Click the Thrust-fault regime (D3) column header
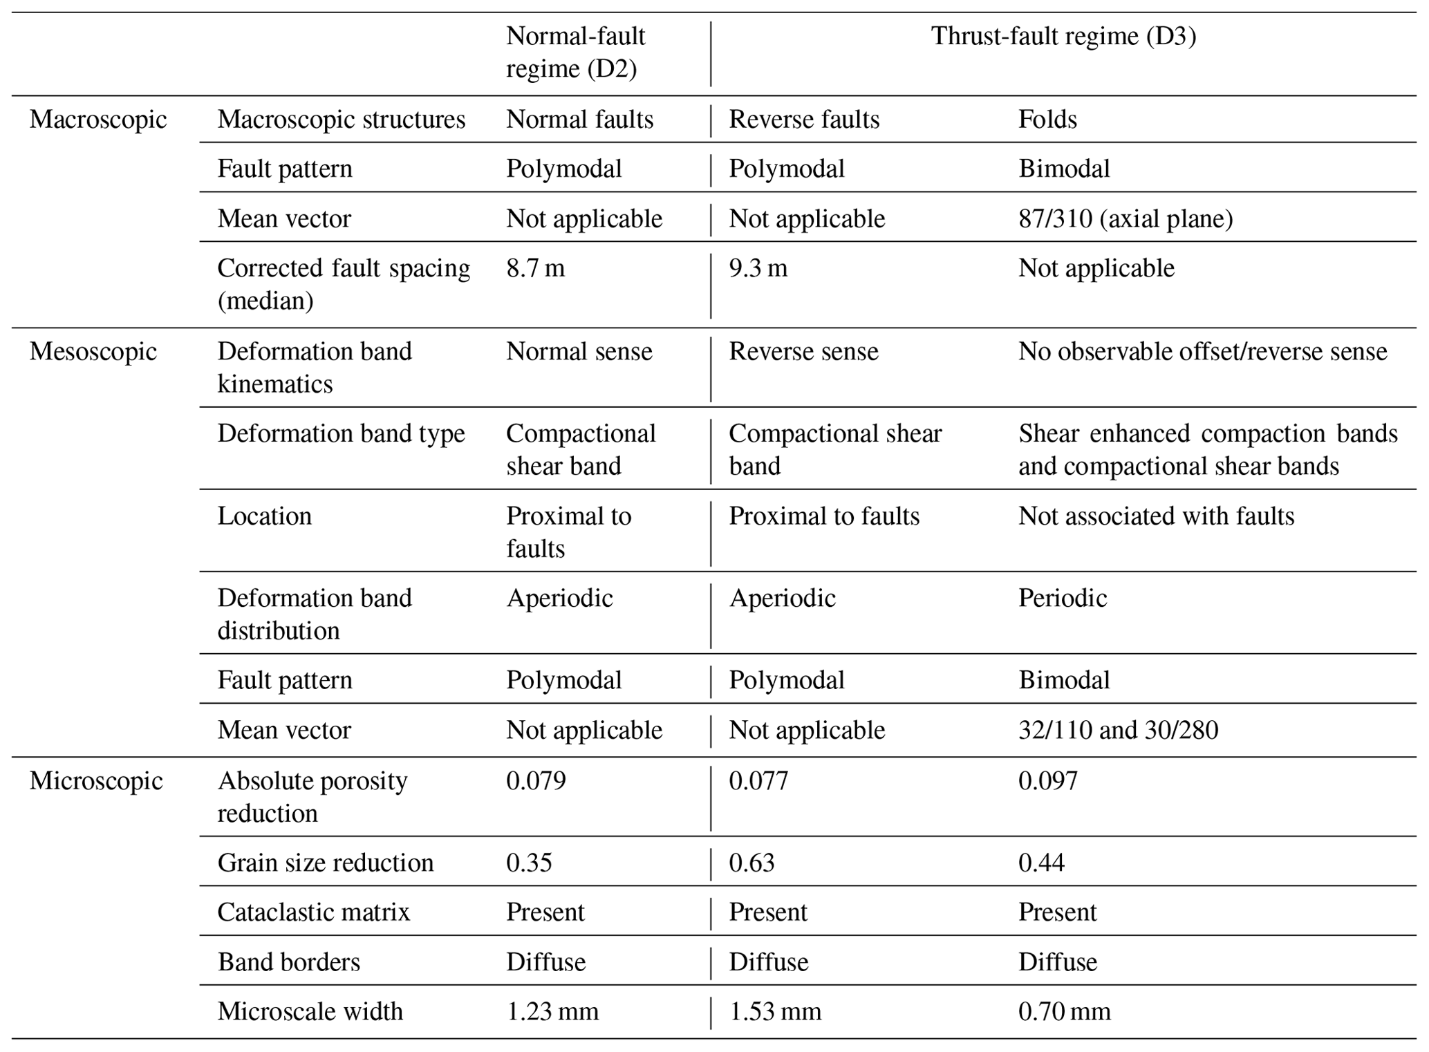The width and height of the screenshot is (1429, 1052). (x=1063, y=36)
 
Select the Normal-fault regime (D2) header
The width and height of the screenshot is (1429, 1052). (x=575, y=53)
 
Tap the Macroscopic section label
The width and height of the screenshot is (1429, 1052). (x=98, y=120)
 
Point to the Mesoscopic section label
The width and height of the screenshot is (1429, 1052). (x=93, y=352)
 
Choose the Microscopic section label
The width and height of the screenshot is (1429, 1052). (x=96, y=781)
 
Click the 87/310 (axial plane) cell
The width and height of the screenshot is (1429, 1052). (x=1125, y=219)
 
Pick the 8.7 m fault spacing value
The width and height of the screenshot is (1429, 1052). (x=535, y=268)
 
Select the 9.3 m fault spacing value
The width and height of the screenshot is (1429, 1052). (x=758, y=268)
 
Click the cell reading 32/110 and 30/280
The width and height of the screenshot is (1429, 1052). (x=1118, y=731)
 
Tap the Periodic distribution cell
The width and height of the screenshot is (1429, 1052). (x=1062, y=599)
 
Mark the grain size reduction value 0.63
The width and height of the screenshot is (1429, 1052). (x=751, y=863)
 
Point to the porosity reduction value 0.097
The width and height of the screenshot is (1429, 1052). (x=1047, y=781)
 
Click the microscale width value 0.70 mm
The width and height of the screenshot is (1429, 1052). (x=1064, y=1012)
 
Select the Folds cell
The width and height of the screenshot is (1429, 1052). (x=1047, y=120)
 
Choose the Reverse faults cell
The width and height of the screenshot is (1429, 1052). (x=804, y=120)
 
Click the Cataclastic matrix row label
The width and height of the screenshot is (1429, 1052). (x=313, y=912)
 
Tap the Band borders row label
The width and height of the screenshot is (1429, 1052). (x=288, y=962)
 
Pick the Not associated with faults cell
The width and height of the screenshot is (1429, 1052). (x=1156, y=516)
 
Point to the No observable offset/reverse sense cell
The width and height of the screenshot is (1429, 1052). (x=1202, y=352)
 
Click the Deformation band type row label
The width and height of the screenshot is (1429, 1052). (x=341, y=434)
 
